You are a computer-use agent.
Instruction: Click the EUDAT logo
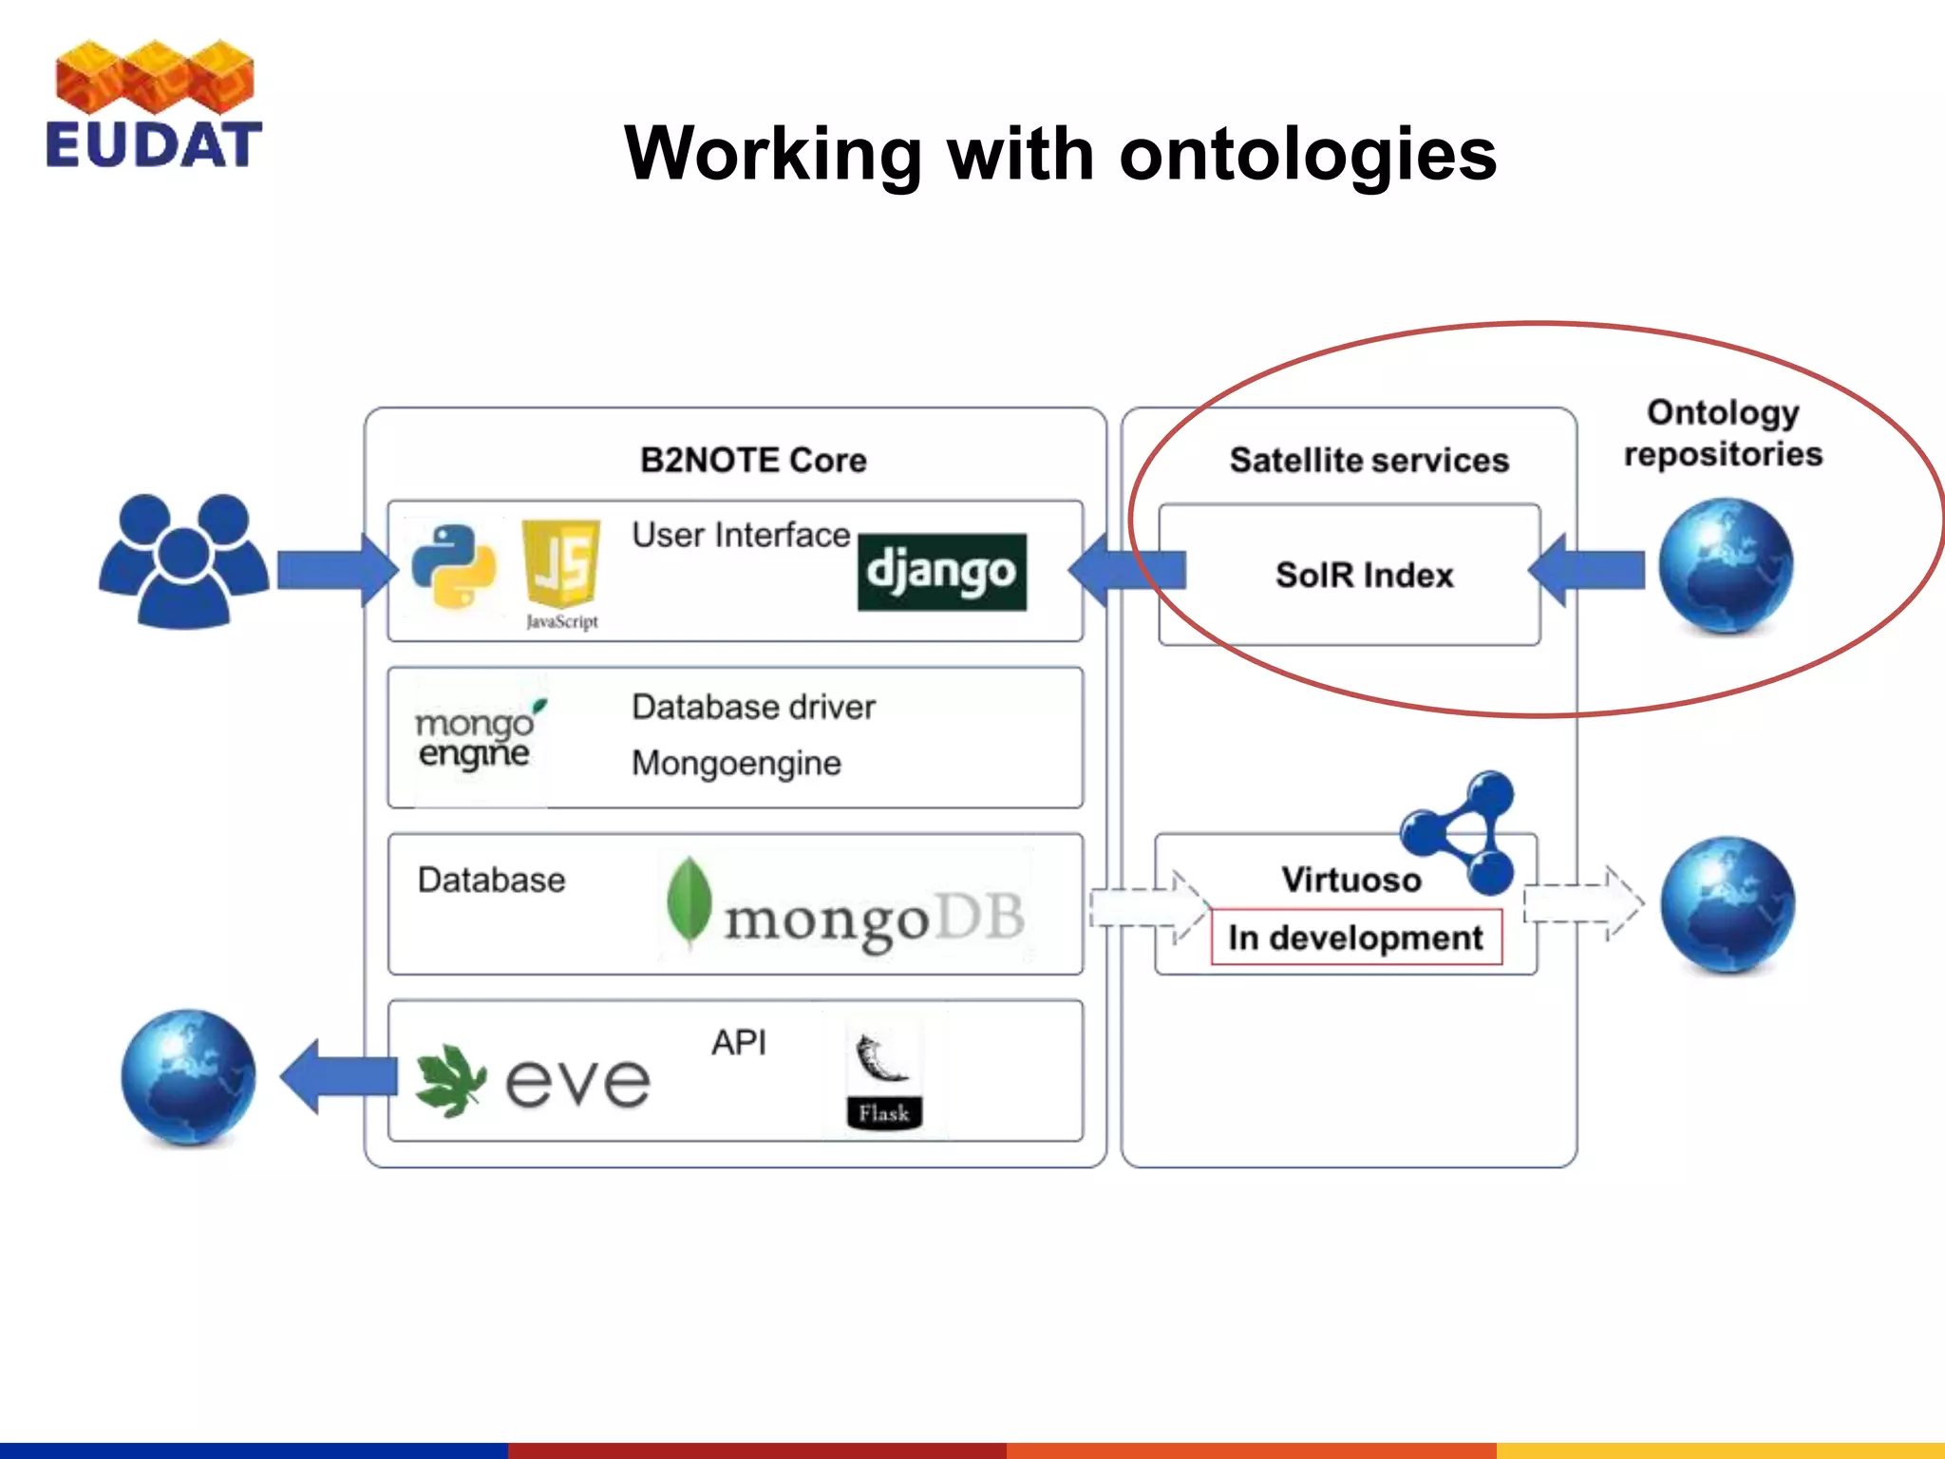(154, 104)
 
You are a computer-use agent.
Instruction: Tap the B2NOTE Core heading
(753, 461)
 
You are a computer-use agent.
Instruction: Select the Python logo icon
(454, 567)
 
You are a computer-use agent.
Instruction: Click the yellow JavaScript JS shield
(562, 564)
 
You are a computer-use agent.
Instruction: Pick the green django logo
(941, 572)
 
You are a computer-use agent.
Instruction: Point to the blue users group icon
(184, 560)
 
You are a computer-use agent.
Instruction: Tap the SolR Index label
(1364, 576)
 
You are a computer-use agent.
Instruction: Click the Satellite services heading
(1369, 461)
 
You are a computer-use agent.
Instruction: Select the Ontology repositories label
(1723, 433)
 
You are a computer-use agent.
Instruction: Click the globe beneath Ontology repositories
(1726, 566)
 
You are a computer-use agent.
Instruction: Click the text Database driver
(753, 708)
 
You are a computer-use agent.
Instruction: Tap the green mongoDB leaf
(689, 901)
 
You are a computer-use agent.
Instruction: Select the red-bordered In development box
(1355, 938)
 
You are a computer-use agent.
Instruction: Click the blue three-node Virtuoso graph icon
(1462, 832)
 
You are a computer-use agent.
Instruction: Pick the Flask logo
(883, 1081)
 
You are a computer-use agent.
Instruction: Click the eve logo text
(577, 1083)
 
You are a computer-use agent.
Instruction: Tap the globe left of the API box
(188, 1077)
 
